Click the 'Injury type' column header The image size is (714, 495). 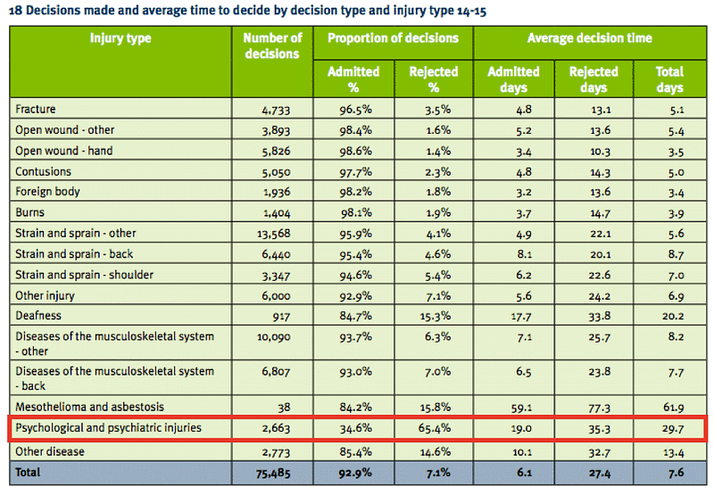pyautogui.click(x=120, y=38)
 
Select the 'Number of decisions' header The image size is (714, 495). pyautogui.click(x=272, y=46)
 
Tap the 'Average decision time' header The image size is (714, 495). pyautogui.click(x=589, y=38)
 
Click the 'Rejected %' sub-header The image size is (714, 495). pyautogui.click(x=433, y=79)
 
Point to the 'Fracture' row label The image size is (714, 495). pyautogui.click(x=36, y=110)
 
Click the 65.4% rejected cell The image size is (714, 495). pyautogui.click(x=433, y=428)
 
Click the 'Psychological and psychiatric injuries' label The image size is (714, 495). pyautogui.click(x=109, y=428)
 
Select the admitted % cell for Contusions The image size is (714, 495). pyautogui.click(x=353, y=171)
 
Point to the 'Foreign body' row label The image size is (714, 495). pyautogui.click(x=48, y=192)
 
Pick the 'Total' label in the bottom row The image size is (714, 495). pyautogui.click(x=29, y=472)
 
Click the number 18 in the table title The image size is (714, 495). pyautogui.click(x=15, y=12)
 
